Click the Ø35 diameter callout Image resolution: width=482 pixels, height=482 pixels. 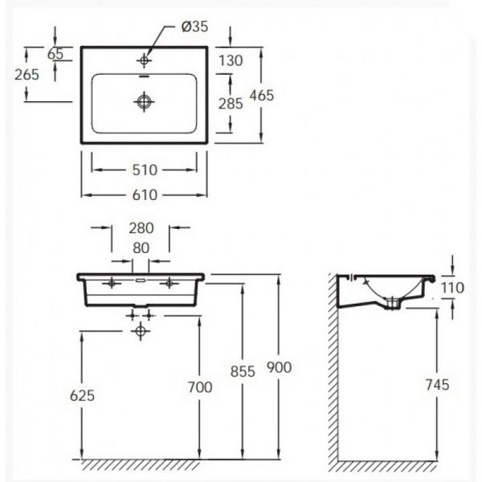(195, 27)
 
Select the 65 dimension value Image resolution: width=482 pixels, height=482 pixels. (55, 54)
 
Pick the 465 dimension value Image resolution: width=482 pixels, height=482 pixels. (262, 95)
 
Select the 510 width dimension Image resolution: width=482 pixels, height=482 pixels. (144, 170)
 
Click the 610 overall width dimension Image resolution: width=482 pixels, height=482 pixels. (144, 194)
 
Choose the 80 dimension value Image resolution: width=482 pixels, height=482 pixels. (141, 247)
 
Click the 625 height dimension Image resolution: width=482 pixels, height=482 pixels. (82, 394)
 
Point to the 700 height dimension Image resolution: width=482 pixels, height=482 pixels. (200, 388)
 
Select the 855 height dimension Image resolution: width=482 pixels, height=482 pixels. (242, 371)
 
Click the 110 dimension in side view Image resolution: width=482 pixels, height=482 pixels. (455, 287)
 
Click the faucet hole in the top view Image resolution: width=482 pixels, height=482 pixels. (145, 60)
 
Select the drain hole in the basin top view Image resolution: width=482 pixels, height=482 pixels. (145, 101)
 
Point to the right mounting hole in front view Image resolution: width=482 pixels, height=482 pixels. (169, 284)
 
